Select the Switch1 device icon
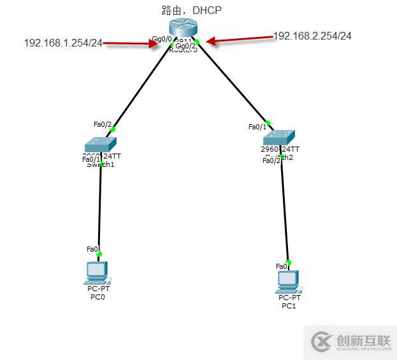tap(101, 145)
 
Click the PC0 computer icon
tap(97, 272)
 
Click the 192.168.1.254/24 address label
tap(63, 43)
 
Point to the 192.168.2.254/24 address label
tap(312, 36)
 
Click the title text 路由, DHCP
tap(192, 10)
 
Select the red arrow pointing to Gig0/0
tap(131, 44)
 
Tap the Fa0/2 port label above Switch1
tap(103, 124)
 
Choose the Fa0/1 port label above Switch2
tap(257, 127)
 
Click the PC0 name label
tap(97, 297)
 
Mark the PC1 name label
tap(289, 306)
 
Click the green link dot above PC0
tap(99, 254)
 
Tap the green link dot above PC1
tap(289, 262)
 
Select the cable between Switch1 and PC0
tap(100, 210)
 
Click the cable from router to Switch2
tap(233, 83)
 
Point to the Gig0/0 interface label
tap(161, 40)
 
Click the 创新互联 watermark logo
tap(350, 342)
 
